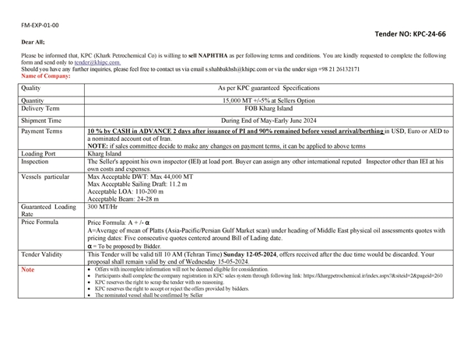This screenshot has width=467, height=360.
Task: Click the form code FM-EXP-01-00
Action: coord(40,25)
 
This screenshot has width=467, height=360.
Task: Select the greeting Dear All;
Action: coord(33,41)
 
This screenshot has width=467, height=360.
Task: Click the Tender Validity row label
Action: coord(45,253)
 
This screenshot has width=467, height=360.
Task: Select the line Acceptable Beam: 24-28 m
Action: coord(125,199)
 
